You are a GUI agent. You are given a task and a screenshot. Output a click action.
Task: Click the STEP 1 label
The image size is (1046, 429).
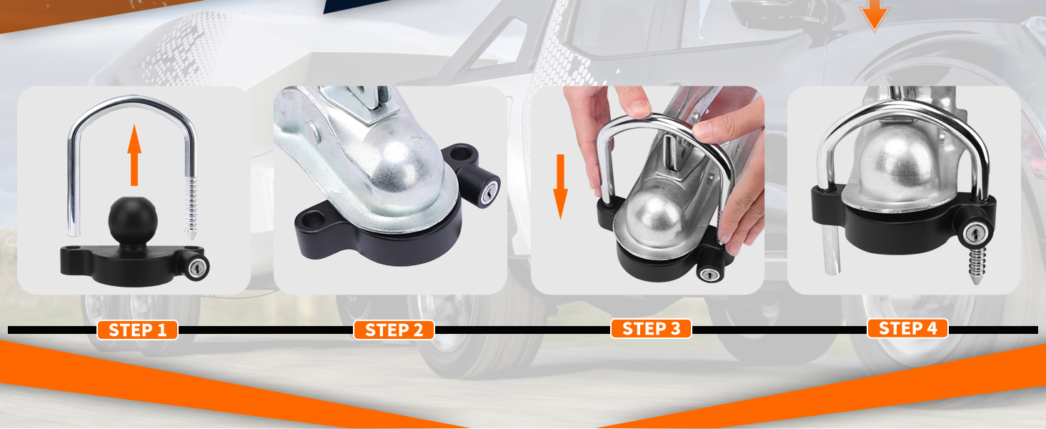point(137,330)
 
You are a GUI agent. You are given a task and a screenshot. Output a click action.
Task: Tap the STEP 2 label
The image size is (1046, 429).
point(394,330)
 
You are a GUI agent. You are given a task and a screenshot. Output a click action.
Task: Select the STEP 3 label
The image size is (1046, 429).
point(651,328)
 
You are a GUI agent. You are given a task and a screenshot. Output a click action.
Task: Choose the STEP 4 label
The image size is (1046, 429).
point(907,328)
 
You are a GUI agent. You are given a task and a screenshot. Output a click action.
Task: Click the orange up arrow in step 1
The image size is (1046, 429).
point(134,155)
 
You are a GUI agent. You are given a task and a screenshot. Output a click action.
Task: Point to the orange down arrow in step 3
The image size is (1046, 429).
point(560,187)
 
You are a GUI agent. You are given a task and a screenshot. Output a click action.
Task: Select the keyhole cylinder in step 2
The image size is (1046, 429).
point(488,192)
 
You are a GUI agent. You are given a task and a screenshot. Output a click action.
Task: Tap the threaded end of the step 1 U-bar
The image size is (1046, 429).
point(191,208)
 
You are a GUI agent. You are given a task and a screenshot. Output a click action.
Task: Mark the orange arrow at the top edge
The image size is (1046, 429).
point(874,15)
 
